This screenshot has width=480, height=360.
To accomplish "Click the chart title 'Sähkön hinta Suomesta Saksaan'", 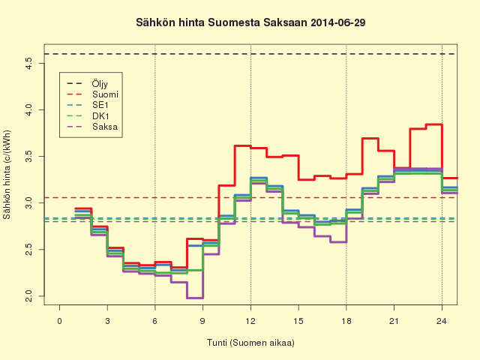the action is (x=222, y=22).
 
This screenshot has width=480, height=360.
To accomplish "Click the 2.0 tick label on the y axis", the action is (x=28, y=296).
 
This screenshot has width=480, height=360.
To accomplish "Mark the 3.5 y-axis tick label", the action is (x=28, y=157).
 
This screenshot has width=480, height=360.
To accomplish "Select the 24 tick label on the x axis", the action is (x=442, y=321).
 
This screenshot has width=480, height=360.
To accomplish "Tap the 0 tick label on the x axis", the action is (x=60, y=321).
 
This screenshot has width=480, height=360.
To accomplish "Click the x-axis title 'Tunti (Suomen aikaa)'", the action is (x=250, y=343).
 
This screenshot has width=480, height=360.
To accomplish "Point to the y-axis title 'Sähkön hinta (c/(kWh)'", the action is (x=7, y=175).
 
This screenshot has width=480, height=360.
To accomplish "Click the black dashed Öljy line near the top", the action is (x=250, y=54).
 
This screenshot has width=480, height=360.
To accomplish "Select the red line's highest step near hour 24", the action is (x=433, y=124).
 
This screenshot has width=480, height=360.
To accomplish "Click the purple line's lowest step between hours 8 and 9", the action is (x=195, y=298).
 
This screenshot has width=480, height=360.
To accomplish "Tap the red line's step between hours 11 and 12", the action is (x=243, y=145).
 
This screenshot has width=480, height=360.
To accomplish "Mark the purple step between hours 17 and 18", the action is (x=338, y=242).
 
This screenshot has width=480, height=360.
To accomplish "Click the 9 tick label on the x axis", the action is (x=202, y=321).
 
